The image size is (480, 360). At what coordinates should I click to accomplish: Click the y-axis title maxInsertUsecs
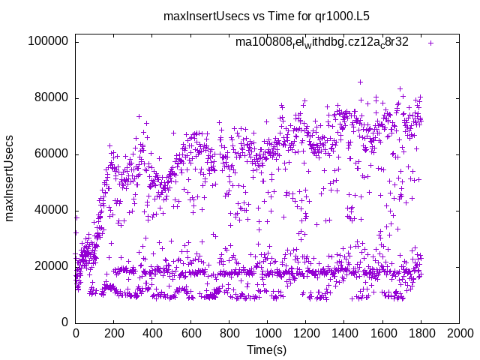10,178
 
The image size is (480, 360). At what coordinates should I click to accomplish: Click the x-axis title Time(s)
267,350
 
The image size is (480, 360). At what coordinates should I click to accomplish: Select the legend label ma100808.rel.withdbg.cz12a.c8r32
322,42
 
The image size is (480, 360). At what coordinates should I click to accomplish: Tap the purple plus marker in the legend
430,43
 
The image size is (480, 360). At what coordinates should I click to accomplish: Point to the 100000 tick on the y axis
52,41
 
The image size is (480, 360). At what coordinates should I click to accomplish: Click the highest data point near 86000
360,82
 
